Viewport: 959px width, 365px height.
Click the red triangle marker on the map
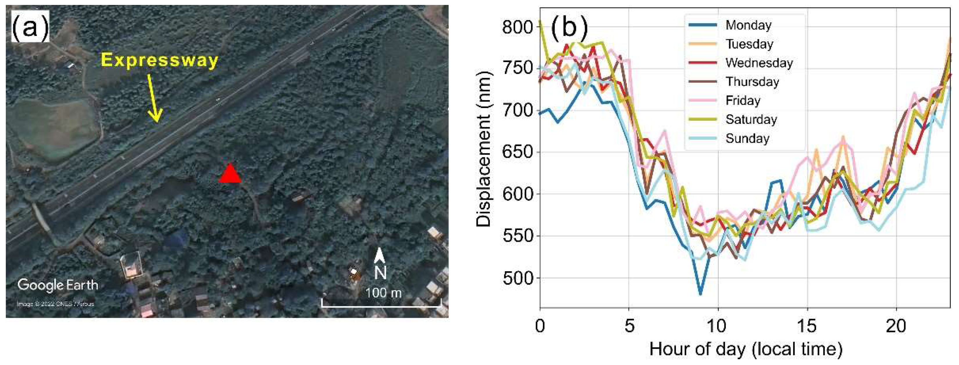(230, 174)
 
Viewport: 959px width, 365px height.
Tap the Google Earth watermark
(58, 285)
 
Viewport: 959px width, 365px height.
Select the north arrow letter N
(380, 273)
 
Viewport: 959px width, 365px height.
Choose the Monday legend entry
(748, 25)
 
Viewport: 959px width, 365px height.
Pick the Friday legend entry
(743, 100)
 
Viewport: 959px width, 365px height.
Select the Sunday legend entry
(747, 138)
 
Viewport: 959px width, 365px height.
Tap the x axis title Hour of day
(745, 349)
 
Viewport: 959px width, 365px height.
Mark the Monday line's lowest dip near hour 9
(700, 294)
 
